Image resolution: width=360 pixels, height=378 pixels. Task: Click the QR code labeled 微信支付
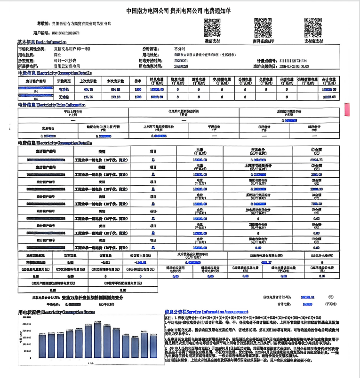212,28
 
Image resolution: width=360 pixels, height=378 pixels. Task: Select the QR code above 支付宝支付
313,28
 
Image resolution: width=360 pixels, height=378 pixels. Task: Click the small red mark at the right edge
347,109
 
